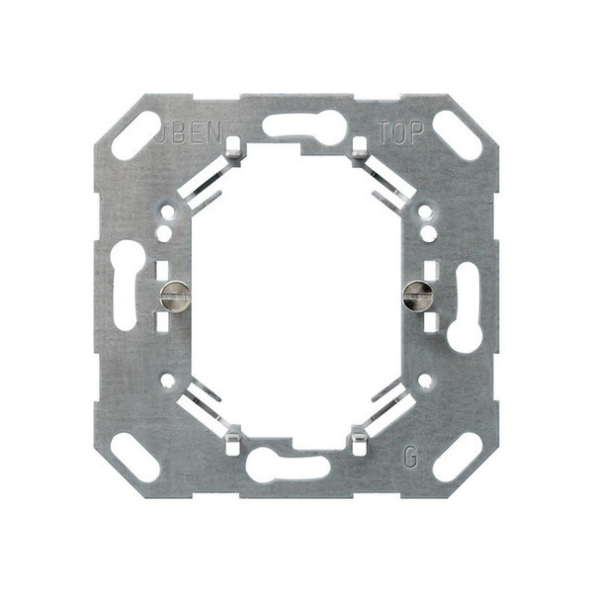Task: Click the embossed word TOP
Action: (400, 134)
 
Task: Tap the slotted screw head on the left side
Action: (175, 294)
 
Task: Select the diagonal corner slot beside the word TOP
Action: (457, 134)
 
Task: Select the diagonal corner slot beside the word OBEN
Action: (135, 135)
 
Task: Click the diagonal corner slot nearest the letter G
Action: (457, 457)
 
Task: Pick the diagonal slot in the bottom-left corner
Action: (135, 457)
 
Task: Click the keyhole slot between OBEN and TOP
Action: (304, 127)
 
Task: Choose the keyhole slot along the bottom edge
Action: (287, 465)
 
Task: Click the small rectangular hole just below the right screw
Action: (430, 321)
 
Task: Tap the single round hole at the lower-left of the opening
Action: (167, 380)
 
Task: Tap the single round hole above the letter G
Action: (425, 380)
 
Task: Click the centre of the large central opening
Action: (296, 295)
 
